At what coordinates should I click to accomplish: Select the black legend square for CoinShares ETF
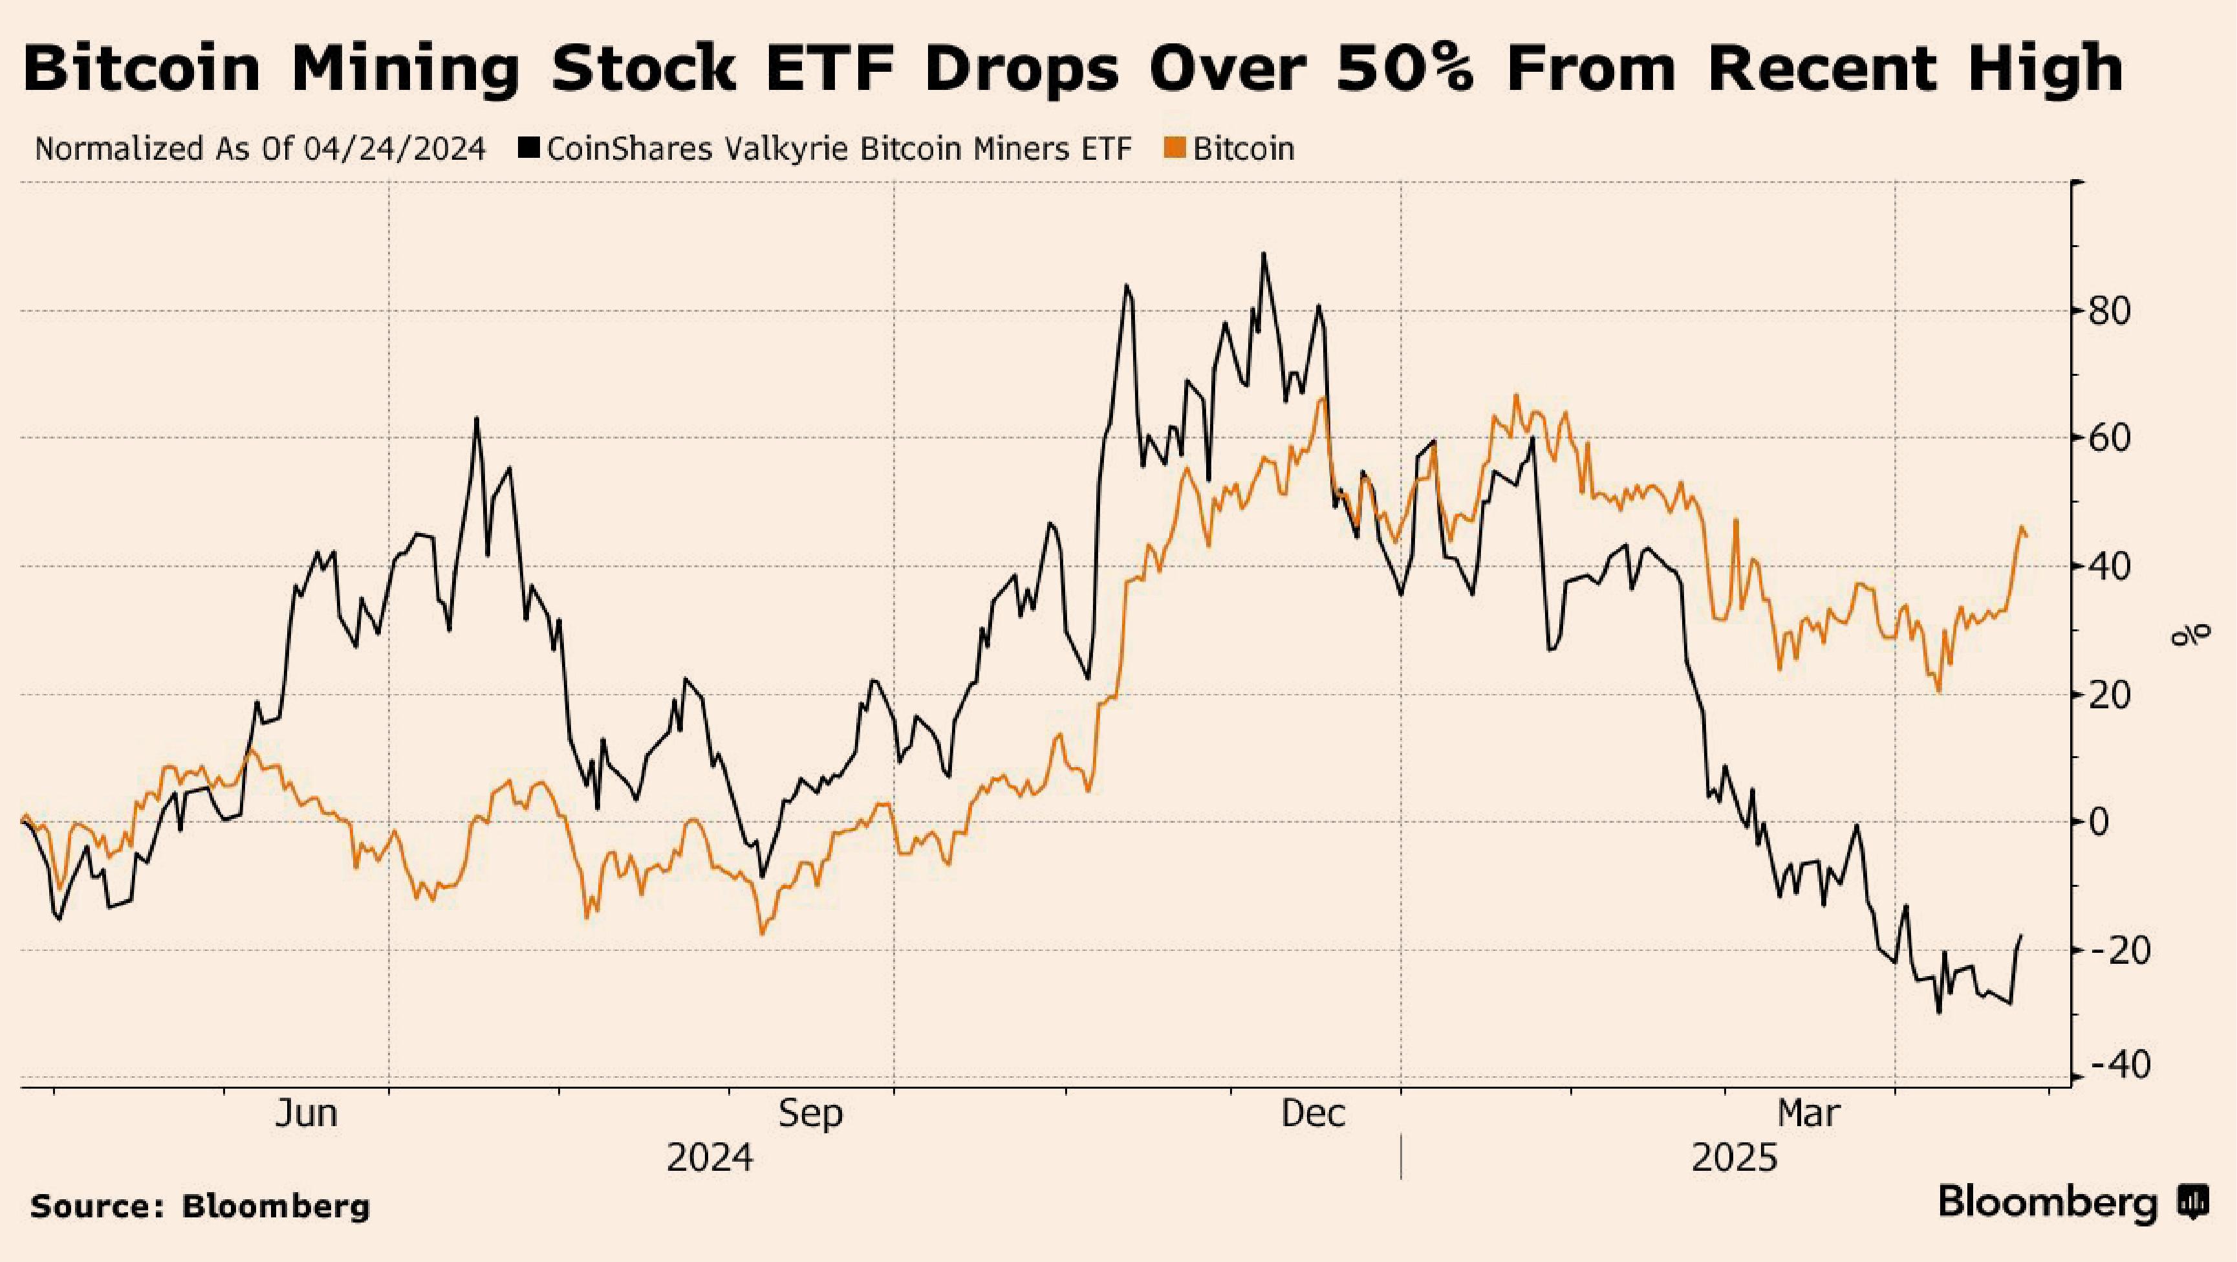pyautogui.click(x=529, y=149)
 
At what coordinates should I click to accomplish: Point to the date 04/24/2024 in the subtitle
pyautogui.click(x=394, y=149)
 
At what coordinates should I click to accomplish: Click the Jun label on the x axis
pyautogui.click(x=306, y=1113)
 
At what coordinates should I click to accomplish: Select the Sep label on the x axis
pyautogui.click(x=810, y=1113)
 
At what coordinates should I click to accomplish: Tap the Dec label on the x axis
pyautogui.click(x=1314, y=1113)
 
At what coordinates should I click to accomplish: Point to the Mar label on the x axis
pyautogui.click(x=1809, y=1113)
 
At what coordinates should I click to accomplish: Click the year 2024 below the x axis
pyautogui.click(x=709, y=1159)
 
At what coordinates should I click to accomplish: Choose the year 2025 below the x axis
pyautogui.click(x=1734, y=1159)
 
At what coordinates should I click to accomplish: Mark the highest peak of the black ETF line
pyautogui.click(x=1264, y=254)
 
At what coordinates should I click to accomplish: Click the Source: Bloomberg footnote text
pyautogui.click(x=200, y=1207)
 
